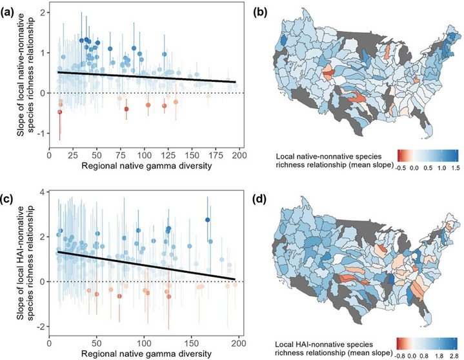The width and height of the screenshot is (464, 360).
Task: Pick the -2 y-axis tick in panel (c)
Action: [41, 327]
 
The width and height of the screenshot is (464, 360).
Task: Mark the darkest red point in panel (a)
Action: [59, 112]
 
